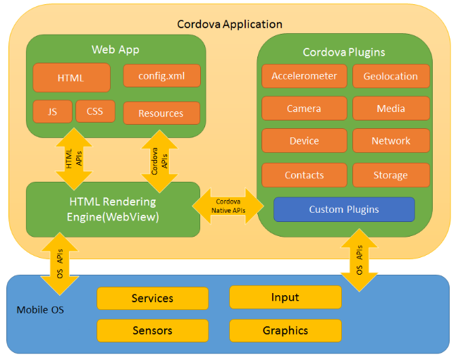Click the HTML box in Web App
click(71, 77)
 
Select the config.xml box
click(161, 75)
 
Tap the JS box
click(52, 111)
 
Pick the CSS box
click(95, 111)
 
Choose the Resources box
click(161, 113)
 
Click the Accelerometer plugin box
click(304, 77)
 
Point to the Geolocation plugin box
click(390, 77)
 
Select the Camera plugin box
click(304, 108)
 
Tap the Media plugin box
click(390, 108)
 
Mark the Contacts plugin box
click(304, 175)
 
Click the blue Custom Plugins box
click(344, 209)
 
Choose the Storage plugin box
click(390, 175)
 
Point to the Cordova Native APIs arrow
click(229, 206)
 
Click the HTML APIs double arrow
click(74, 159)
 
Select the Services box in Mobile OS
click(152, 298)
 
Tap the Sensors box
click(152, 330)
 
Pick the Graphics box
click(285, 330)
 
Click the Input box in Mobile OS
click(285, 297)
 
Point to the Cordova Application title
click(230, 24)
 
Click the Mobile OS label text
click(40, 309)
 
